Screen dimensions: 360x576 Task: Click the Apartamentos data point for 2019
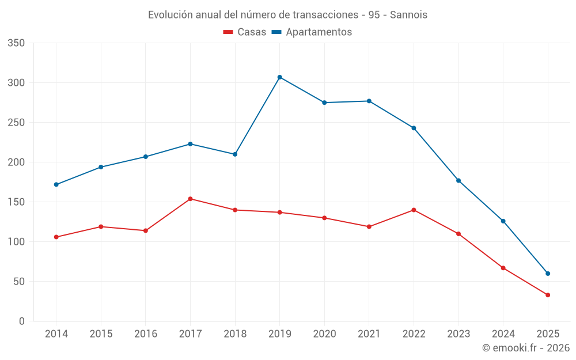[x=279, y=77]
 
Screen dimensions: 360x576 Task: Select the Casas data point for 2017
[x=190, y=199]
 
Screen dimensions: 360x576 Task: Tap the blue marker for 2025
[x=548, y=274]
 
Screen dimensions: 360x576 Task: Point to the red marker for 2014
[x=56, y=237]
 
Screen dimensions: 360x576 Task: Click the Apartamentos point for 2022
[x=414, y=128]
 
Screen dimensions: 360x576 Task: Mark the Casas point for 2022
[x=414, y=210]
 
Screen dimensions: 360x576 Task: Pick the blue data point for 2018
[x=235, y=154]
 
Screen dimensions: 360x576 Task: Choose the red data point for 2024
[x=503, y=268]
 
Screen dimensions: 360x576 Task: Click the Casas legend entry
[x=245, y=32]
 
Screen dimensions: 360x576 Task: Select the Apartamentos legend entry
[x=312, y=32]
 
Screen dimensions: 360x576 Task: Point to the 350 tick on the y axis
[x=17, y=43]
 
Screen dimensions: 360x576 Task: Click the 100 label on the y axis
[x=17, y=242]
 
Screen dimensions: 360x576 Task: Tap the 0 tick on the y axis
[x=21, y=321]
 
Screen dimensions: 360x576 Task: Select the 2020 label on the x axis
[x=324, y=334]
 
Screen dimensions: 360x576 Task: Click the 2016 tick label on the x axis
[x=145, y=334]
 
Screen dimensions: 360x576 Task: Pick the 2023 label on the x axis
[x=458, y=334]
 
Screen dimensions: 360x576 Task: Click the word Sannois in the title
[x=408, y=15]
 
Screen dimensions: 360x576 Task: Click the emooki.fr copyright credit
[x=526, y=348]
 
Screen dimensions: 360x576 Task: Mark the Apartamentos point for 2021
[x=369, y=101]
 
